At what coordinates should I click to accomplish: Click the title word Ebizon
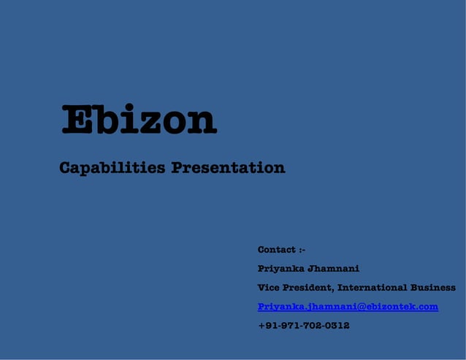(x=139, y=120)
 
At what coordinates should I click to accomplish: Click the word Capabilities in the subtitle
(x=112, y=168)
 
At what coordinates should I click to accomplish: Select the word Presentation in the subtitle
(x=228, y=168)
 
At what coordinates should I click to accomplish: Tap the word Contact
(x=277, y=250)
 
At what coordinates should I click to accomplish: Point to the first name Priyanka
(x=281, y=269)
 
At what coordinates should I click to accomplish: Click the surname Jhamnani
(x=334, y=269)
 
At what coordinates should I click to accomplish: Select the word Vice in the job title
(x=268, y=288)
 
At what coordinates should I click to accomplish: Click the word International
(x=373, y=288)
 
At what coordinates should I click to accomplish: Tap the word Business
(x=433, y=288)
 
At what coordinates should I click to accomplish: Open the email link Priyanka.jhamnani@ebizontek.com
(x=348, y=307)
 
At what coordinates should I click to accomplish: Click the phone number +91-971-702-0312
(x=303, y=326)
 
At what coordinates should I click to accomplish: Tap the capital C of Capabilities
(x=65, y=168)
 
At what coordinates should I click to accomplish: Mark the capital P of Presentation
(x=177, y=168)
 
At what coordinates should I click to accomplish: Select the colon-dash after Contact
(x=302, y=250)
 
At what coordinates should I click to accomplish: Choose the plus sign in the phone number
(x=261, y=326)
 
